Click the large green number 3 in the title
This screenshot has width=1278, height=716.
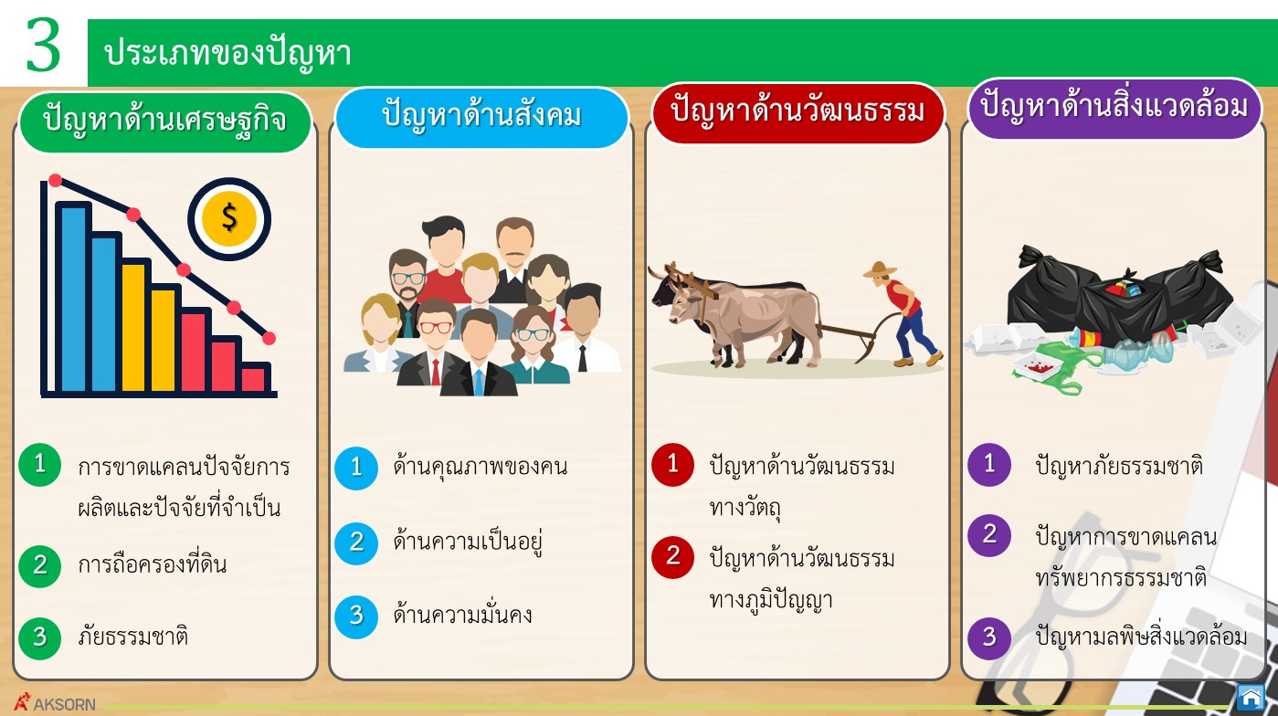43,45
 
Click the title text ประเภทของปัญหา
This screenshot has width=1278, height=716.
227,55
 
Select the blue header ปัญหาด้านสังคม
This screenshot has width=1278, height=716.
481,118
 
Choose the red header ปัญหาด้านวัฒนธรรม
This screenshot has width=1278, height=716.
797,113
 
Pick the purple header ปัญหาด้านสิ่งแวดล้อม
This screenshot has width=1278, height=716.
1114,109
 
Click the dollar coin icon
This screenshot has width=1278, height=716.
229,219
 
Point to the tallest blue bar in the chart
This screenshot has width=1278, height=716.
73,297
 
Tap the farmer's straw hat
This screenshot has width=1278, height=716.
879,269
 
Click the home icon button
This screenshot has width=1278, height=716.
1252,697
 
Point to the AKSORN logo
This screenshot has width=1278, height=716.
55,703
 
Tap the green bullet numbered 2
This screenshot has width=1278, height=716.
40,565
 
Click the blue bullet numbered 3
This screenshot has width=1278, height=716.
356,616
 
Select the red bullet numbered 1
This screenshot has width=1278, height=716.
672,465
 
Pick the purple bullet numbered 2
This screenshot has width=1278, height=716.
989,535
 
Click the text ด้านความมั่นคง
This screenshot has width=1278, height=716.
463,615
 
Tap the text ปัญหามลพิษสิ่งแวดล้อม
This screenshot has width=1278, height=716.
1141,637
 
